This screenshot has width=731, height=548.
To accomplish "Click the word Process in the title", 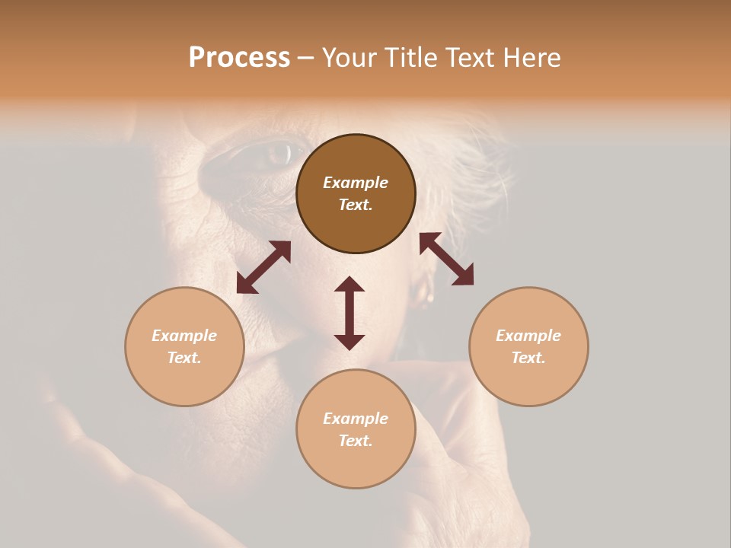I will click(x=239, y=58).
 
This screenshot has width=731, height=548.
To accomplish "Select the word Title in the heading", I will click(x=407, y=58).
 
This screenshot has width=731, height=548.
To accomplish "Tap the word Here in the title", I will click(x=531, y=58).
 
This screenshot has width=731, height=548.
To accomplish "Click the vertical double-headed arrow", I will click(x=350, y=313).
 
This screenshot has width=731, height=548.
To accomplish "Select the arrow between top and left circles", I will click(x=263, y=267).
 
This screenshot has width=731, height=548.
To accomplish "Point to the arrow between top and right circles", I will click(x=446, y=259).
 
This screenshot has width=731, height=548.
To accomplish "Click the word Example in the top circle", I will click(x=356, y=183).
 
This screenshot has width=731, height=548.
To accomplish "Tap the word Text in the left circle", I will click(x=184, y=358).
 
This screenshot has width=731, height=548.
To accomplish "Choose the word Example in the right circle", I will click(x=528, y=336).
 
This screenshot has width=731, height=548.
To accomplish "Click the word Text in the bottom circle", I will click(x=356, y=441).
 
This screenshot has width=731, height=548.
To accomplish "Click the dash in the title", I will click(x=306, y=58).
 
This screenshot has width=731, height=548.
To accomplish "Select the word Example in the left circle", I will click(x=184, y=336).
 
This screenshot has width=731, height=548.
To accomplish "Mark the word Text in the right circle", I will click(x=528, y=358).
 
